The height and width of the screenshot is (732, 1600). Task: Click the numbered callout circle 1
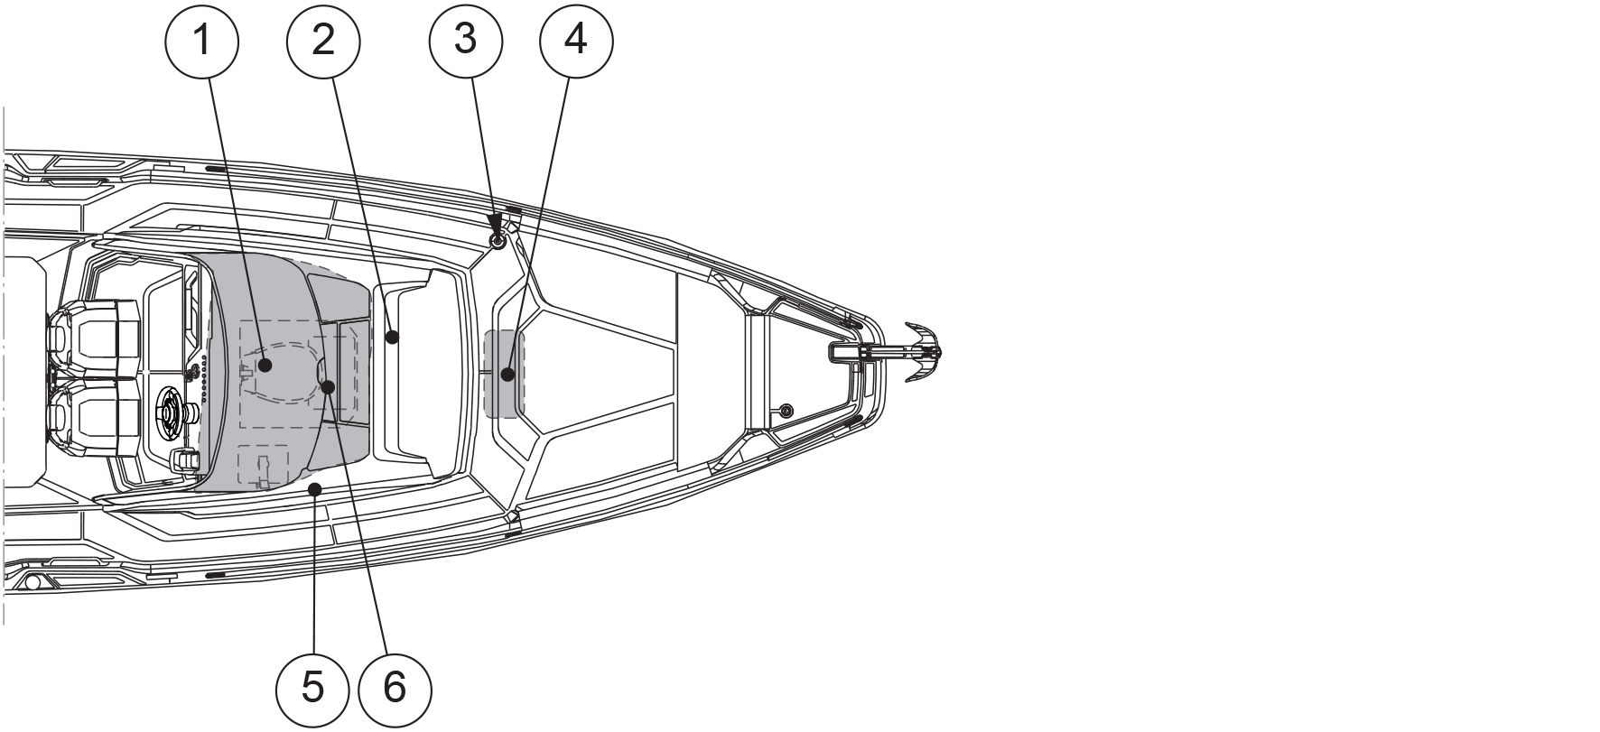coord(201,41)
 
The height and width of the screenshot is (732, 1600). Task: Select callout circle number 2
coord(322,41)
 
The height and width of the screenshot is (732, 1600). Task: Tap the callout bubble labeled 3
coord(465,41)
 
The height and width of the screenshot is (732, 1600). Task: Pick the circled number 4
coord(575,41)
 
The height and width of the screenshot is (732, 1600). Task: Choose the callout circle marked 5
coord(312,690)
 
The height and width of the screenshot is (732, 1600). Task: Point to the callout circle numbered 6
coord(395,690)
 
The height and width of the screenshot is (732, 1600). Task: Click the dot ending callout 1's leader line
coord(265,366)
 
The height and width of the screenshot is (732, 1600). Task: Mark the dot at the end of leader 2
coord(392,338)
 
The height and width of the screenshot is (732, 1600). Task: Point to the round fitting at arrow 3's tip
coord(497,241)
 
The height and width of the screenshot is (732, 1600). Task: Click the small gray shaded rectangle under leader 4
coord(504,374)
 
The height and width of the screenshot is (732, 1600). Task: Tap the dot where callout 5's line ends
coord(314,489)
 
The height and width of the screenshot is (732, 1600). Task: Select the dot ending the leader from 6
coord(329,386)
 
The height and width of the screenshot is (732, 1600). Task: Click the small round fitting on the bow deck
coord(786,411)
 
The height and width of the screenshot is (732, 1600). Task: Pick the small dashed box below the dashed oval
coord(263,466)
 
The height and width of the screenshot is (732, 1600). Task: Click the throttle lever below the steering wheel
coord(185,461)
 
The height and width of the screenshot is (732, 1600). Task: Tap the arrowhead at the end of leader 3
coord(494,234)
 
